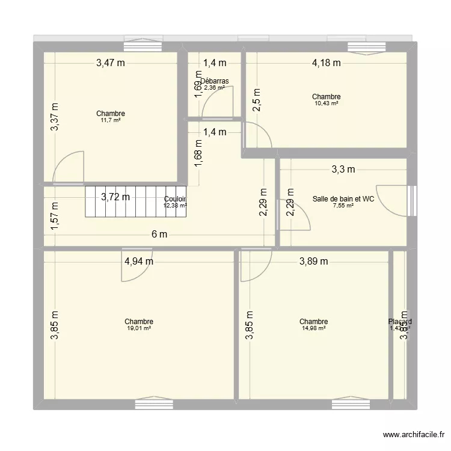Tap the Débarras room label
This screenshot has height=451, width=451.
coord(215,81)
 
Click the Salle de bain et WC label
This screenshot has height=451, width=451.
coord(343,199)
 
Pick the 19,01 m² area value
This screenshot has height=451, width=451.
coord(139,328)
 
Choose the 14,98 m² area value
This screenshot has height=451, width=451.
coord(314,328)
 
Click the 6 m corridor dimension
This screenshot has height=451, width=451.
coord(159,235)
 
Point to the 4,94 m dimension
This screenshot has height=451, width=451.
coord(139,261)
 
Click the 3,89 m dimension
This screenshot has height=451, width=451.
coord(314,261)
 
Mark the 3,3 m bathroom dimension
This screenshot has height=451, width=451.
coord(343,170)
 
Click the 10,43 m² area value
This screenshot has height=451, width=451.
coord(327,103)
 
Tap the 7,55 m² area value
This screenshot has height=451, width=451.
coord(343,206)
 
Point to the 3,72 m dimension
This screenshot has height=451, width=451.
coord(115,197)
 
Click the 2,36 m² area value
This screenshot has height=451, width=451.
coord(215,88)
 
